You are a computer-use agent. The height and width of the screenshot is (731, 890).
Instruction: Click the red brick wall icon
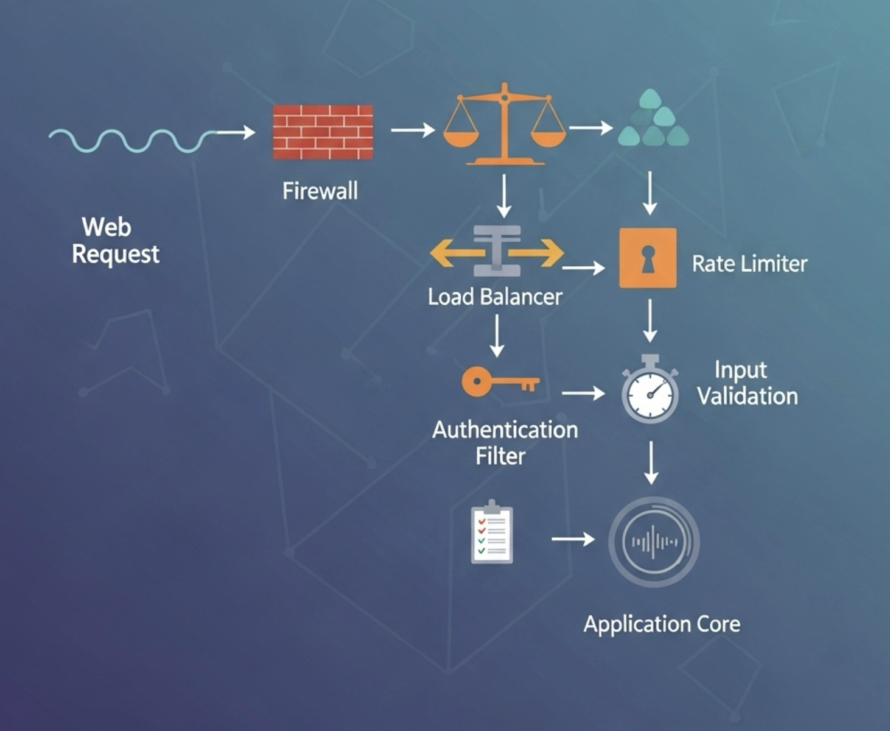coord(323,132)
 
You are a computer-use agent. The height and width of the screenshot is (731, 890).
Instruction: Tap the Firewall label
coord(320,191)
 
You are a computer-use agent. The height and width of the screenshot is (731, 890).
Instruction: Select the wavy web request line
coord(131,139)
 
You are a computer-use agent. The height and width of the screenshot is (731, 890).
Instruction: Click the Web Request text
coord(115,241)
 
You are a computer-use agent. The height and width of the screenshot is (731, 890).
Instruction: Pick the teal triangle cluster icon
coord(653,120)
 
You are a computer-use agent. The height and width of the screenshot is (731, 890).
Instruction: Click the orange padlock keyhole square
coord(648,258)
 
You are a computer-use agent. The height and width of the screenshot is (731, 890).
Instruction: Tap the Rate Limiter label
coord(749,264)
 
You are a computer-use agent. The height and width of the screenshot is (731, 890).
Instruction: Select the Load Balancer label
coord(495,297)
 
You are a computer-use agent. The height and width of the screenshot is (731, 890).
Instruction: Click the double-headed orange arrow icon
coord(497,252)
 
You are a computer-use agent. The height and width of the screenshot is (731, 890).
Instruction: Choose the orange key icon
coord(500,381)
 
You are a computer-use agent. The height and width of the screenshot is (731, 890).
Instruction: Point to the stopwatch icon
coord(650,390)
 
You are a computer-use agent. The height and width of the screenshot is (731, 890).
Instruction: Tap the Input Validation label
coord(747,383)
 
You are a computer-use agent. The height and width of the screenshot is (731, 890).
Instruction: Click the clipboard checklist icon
coord(492,533)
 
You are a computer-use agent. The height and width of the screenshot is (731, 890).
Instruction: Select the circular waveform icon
coord(654,542)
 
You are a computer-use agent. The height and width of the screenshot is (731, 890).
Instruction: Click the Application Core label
coord(662,624)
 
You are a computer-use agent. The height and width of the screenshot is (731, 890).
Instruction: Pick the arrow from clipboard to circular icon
coord(573,539)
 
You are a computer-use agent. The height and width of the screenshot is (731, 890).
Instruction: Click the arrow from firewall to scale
coord(413,130)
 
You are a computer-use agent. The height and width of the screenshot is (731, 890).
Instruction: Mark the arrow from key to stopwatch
coord(583,394)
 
